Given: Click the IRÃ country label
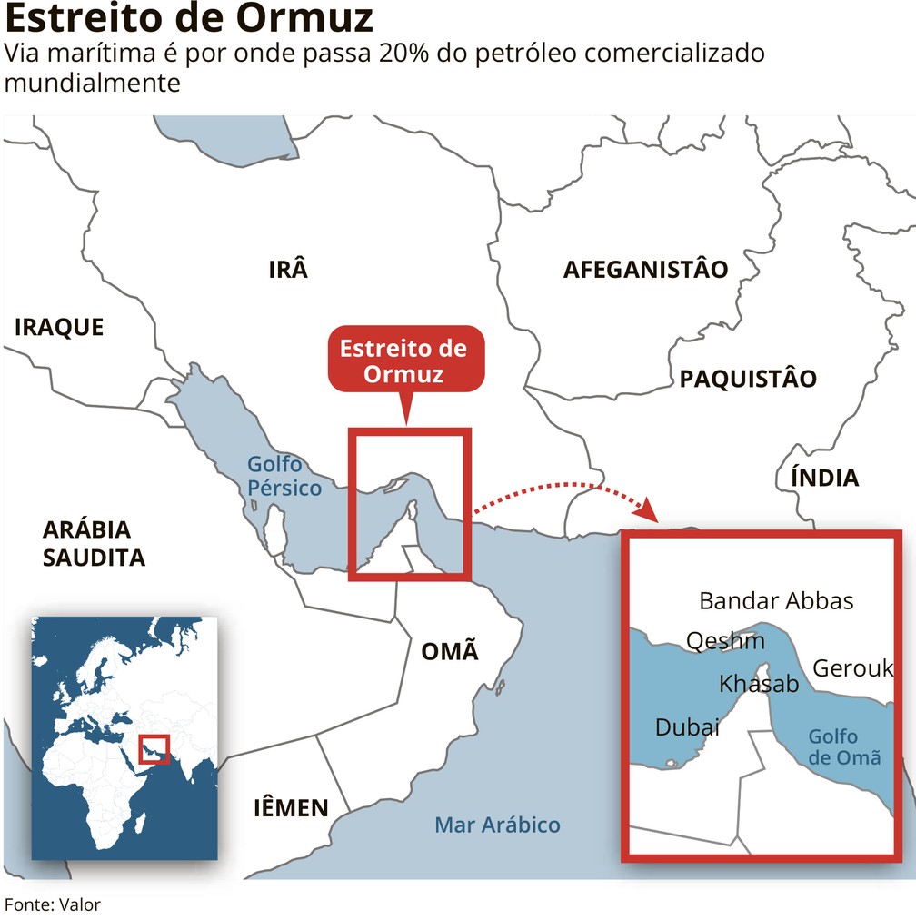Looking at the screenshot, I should click(288, 270).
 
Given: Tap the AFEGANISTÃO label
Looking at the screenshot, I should click(645, 270).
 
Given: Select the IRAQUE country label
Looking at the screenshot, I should click(59, 327).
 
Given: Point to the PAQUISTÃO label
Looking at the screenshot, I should click(748, 379).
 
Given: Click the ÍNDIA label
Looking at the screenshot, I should click(824, 478).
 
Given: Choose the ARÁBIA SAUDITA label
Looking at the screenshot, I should click(94, 543).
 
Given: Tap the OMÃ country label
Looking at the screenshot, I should click(449, 651).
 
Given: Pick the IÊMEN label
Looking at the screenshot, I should click(290, 807).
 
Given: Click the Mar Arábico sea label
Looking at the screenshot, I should click(497, 825).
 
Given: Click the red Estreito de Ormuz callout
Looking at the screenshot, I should click(403, 361).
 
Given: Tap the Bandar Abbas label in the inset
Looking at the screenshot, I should click(776, 600).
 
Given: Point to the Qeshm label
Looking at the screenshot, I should click(725, 641).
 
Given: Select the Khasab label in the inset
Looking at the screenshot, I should click(759, 684).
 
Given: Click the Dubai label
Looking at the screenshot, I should click(687, 727).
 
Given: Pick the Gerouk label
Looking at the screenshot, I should click(852, 668).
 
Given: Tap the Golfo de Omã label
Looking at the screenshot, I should click(844, 746).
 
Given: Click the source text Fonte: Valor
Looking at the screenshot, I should click(53, 904).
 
